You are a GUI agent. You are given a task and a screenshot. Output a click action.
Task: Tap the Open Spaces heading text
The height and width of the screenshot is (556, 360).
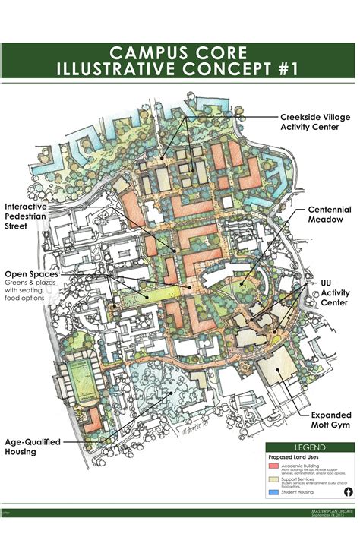click(32, 274)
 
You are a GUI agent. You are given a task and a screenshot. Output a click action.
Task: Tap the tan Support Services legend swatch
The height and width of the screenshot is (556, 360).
click(273, 483)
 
